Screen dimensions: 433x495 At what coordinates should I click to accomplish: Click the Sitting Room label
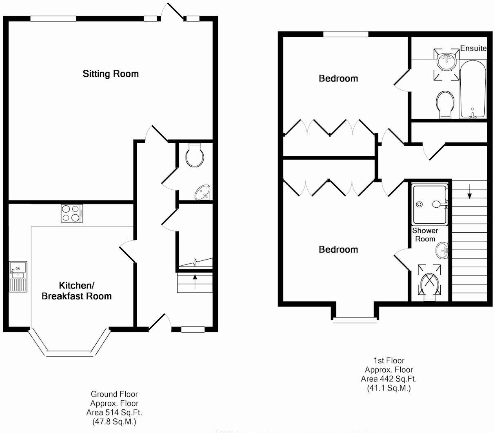click(x=111, y=74)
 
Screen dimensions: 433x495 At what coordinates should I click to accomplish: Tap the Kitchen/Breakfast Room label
click(x=77, y=291)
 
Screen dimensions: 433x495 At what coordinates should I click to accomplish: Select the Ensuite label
click(x=473, y=48)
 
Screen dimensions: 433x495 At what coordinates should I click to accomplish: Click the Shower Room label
click(x=425, y=235)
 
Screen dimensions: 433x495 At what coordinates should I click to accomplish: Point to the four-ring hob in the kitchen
click(x=72, y=213)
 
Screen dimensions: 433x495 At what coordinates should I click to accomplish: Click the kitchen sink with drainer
click(x=18, y=277)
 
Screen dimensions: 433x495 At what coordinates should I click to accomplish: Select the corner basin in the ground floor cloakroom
click(x=203, y=192)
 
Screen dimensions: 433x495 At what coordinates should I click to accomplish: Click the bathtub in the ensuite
click(x=473, y=89)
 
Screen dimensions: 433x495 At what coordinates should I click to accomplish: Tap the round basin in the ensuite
click(x=446, y=62)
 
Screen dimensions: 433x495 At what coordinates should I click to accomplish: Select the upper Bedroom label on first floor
click(x=338, y=78)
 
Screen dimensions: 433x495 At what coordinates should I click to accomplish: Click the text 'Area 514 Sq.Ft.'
click(x=114, y=413)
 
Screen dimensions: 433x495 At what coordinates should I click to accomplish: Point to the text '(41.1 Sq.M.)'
click(x=388, y=388)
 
